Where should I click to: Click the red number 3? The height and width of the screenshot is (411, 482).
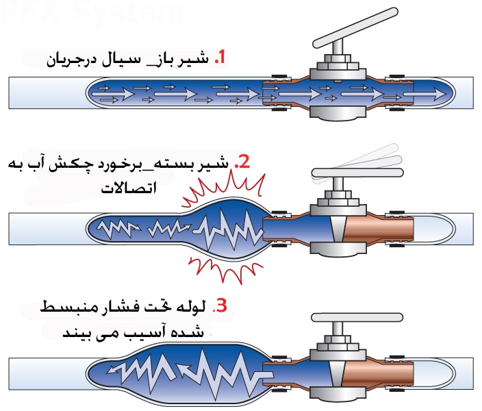219,306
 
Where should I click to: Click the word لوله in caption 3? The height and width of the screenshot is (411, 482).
192,306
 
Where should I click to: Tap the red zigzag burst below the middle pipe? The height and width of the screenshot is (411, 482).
219,270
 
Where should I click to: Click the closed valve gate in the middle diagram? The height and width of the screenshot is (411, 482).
335,231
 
